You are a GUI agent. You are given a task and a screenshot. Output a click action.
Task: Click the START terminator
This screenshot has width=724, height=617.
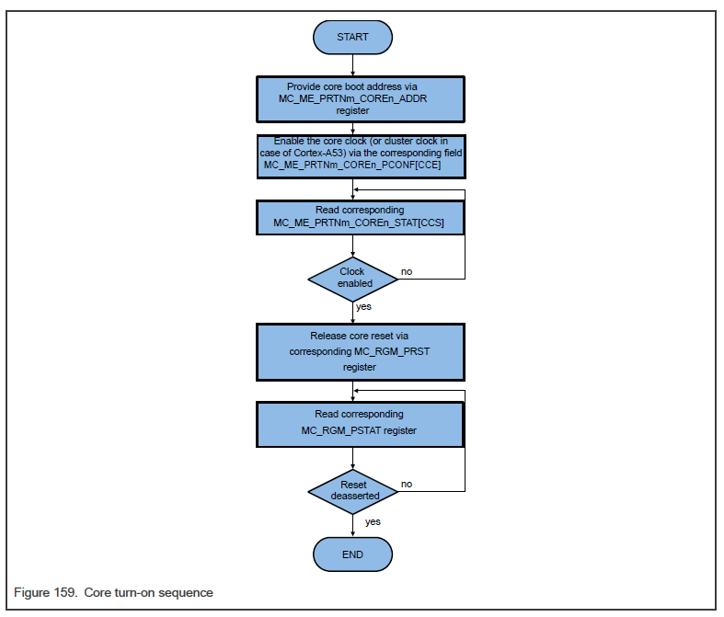[x=352, y=37]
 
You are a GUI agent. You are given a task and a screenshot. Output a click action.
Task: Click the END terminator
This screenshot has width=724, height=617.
[x=352, y=554]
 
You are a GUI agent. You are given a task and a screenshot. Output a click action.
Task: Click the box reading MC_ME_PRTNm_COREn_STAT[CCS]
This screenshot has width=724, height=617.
[x=359, y=217]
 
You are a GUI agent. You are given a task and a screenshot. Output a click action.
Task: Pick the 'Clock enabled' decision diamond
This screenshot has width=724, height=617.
[x=352, y=278]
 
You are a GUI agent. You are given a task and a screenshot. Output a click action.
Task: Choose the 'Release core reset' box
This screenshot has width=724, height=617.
[x=359, y=351]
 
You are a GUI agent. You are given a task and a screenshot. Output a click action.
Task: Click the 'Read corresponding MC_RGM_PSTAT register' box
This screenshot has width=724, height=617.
[x=359, y=422]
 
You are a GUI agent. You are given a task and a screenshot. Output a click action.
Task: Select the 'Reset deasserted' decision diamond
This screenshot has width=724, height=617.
[x=352, y=490]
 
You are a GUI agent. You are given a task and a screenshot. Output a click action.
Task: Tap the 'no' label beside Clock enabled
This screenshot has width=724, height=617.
[x=406, y=273]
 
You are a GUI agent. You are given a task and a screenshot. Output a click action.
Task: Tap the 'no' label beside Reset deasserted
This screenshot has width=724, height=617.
[x=406, y=484]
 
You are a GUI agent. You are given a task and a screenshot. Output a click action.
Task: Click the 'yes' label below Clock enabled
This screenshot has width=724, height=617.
[x=363, y=306]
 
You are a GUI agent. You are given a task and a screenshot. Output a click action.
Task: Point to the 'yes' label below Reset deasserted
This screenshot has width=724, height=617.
[x=373, y=521]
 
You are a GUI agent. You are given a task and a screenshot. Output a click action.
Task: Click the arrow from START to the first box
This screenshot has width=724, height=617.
[x=352, y=64]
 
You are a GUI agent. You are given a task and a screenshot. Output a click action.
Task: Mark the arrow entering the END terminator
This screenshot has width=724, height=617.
[x=352, y=529]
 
